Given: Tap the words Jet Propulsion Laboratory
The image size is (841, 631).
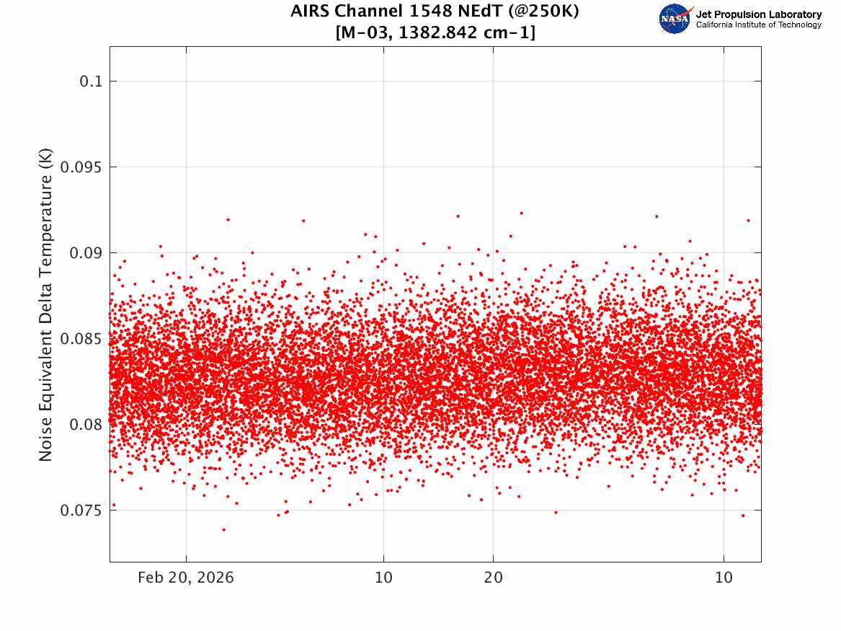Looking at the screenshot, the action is (758, 14).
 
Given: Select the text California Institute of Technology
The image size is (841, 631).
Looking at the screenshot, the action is (758, 25).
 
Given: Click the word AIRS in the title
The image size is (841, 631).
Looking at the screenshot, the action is (309, 11).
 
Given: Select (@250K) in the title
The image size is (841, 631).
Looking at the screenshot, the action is (543, 12).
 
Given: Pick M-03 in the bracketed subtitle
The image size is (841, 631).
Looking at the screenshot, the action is (365, 32).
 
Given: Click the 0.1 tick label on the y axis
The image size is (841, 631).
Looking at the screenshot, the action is (91, 81).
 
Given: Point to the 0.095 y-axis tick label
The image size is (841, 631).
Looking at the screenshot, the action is (81, 167).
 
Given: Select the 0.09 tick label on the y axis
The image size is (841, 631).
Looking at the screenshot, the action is (86, 252).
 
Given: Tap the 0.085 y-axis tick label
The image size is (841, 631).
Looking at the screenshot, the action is (81, 338).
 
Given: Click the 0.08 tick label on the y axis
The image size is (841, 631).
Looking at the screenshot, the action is (86, 425).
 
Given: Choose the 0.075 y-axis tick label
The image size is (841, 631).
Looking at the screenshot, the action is (81, 511).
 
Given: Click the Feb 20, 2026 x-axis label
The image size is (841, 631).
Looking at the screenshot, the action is (186, 578).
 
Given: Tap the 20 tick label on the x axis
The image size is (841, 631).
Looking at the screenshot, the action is (494, 578).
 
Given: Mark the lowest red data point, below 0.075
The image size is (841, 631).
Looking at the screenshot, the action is (223, 529).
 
